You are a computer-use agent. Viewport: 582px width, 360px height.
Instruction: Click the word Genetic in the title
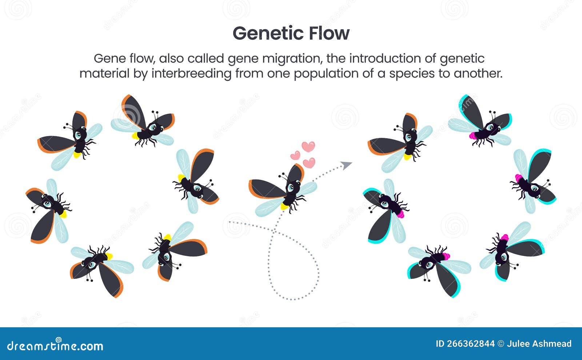(x=268, y=34)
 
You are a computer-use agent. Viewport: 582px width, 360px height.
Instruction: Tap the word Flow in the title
(x=329, y=33)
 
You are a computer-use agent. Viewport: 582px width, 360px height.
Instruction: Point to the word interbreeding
(x=191, y=74)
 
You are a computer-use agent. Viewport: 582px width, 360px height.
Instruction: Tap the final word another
(x=478, y=73)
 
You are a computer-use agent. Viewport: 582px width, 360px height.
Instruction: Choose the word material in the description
(x=104, y=73)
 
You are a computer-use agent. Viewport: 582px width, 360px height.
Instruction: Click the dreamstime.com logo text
(x=55, y=345)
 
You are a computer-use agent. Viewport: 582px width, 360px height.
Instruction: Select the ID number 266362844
(x=465, y=344)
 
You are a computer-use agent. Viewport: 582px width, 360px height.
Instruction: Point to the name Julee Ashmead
(x=539, y=344)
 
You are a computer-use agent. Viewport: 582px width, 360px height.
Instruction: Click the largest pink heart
(x=308, y=147)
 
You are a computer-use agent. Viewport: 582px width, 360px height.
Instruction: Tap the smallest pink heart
(x=295, y=155)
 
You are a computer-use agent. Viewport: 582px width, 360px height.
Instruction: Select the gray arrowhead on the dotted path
(x=346, y=165)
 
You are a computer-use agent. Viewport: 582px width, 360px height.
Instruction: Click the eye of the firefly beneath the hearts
(x=291, y=188)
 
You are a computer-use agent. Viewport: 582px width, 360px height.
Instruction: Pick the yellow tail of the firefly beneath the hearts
(x=284, y=207)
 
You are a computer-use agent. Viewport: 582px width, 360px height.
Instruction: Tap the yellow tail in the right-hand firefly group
(x=407, y=157)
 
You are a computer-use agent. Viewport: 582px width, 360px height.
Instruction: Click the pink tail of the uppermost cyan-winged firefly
(x=473, y=136)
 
